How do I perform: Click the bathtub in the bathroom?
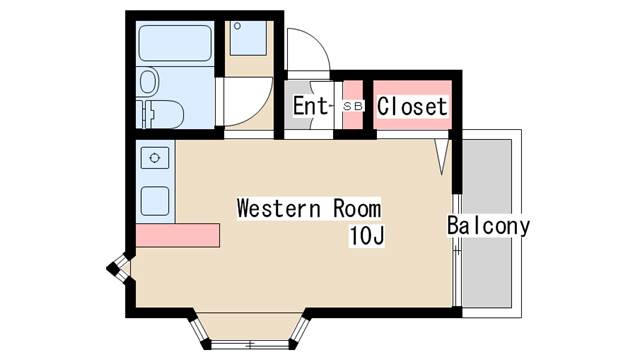pyautogui.click(x=175, y=43)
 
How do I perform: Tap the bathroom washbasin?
pyautogui.click(x=149, y=81)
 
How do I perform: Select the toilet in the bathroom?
pyautogui.click(x=160, y=114)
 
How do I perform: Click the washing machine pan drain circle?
pyautogui.click(x=237, y=26)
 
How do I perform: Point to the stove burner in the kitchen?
pyautogui.click(x=155, y=158)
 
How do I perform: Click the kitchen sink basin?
pyautogui.click(x=155, y=201)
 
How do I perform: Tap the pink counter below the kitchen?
pyautogui.click(x=178, y=235)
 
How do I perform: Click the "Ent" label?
pyautogui.click(x=311, y=106)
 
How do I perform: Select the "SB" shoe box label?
pyautogui.click(x=353, y=106)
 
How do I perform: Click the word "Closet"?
pyautogui.click(x=412, y=107)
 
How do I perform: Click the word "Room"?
pyautogui.click(x=357, y=208)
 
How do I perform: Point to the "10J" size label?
pyautogui.click(x=367, y=236)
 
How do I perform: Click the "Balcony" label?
pyautogui.click(x=488, y=226)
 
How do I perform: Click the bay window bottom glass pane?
pyautogui.click(x=250, y=344)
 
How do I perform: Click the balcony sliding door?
pyautogui.click(x=457, y=250)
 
